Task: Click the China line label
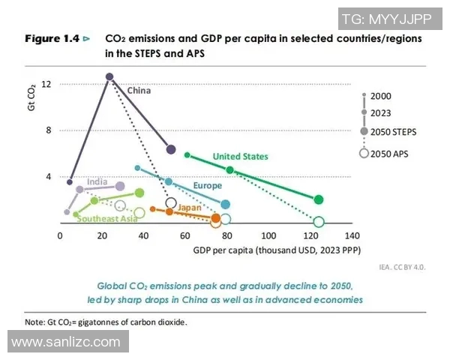139,91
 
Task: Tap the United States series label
240,156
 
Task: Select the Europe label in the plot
207,185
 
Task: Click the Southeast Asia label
107,219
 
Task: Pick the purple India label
96,181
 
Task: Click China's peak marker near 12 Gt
109,76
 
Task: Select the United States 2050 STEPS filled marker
319,199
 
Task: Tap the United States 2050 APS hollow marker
319,222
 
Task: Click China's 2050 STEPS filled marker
171,150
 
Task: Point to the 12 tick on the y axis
46,84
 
